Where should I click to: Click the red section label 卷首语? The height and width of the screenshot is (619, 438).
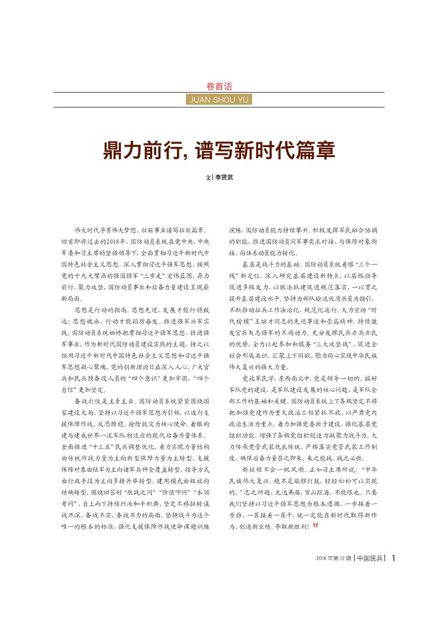[219, 86]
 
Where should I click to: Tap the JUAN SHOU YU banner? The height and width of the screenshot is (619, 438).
[219, 100]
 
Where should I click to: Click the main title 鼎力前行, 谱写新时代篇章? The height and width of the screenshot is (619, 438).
[219, 150]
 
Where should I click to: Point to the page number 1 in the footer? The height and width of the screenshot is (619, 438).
[393, 558]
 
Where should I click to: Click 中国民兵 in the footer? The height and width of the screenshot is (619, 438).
[370, 558]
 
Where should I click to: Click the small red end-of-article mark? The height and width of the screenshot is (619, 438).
[316, 526]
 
